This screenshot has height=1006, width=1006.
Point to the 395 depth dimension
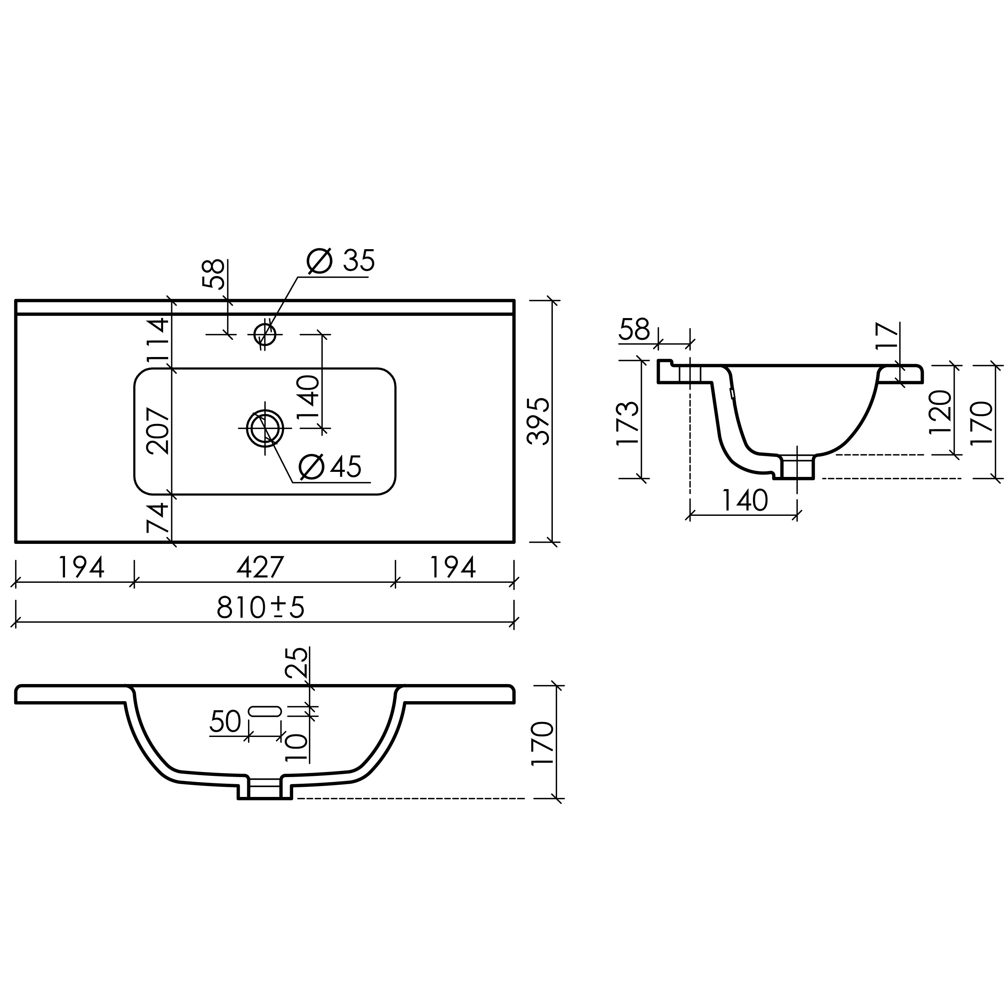[x=538, y=421]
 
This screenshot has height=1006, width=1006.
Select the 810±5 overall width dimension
[x=260, y=607]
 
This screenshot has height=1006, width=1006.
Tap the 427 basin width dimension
[x=260, y=567]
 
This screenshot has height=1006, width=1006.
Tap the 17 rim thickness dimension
[x=888, y=335]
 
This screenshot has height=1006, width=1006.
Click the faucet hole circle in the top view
[x=265, y=334]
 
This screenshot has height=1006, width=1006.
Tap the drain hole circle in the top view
[x=265, y=428]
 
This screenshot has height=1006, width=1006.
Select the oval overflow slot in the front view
[x=265, y=711]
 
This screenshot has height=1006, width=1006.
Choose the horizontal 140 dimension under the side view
[x=745, y=500]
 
